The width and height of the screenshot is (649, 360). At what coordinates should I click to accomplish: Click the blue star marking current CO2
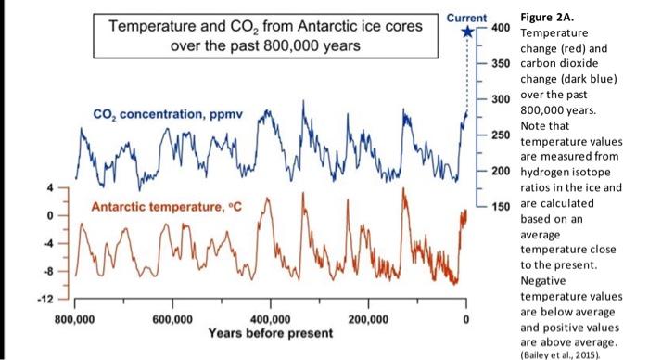click(467, 32)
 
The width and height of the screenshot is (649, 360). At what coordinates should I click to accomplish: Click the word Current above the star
click(466, 17)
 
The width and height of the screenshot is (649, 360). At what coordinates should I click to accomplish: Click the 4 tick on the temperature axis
click(53, 188)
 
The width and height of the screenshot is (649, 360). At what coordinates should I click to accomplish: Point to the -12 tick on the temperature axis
click(49, 300)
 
